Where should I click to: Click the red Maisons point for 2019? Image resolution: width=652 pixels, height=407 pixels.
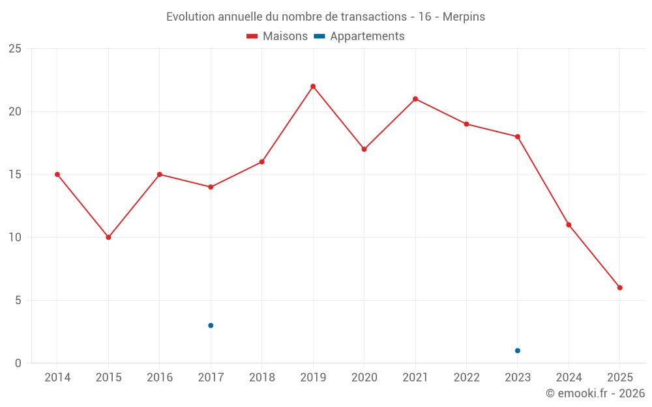313,87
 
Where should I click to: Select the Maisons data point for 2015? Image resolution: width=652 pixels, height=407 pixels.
108,237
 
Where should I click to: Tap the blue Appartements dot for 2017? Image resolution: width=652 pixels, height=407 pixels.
211,326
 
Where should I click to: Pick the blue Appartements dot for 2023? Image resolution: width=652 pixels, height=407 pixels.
518,350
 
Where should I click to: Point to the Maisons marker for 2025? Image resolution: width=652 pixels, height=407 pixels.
620,288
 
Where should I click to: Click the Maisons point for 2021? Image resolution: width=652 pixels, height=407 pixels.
415,99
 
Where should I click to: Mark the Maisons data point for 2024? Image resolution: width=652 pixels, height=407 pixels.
569,225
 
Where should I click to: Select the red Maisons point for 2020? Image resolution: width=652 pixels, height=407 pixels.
364,149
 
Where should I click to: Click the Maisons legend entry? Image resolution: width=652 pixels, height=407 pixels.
277,36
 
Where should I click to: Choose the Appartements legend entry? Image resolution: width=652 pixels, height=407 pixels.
359,36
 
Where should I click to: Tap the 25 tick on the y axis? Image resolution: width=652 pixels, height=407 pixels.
15,49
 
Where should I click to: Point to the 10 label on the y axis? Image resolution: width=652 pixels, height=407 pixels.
15,237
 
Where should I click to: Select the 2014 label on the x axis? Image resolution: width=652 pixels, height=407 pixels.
57,378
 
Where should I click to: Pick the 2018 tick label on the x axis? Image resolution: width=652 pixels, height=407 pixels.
262,378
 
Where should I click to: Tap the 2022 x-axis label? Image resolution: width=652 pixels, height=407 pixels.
467,378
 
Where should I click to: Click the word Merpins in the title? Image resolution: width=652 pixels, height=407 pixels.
464,17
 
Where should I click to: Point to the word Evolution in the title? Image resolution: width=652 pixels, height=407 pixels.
190,17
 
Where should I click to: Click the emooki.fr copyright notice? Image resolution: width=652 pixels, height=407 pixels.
595,393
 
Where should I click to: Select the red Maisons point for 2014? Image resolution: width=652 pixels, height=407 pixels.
57,175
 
